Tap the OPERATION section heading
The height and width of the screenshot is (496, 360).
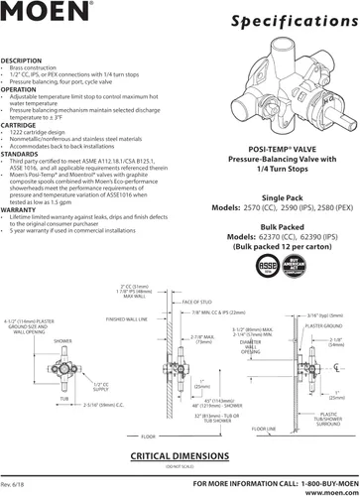[21, 88]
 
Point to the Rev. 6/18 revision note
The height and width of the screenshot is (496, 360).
[15, 483]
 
